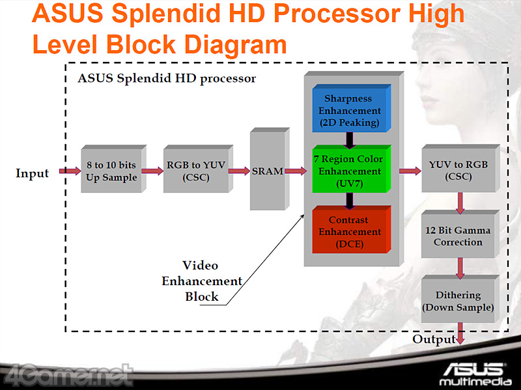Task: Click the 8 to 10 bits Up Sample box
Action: pos(111,171)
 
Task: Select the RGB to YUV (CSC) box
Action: pos(195,171)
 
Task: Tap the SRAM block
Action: pos(267,171)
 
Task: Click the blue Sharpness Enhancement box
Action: pos(349,110)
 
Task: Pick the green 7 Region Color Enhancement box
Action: pos(349,171)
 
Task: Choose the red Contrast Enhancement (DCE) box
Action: pos(349,232)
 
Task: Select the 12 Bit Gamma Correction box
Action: pos(458,236)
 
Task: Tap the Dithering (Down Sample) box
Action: pos(458,301)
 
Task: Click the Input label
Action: pos(33,173)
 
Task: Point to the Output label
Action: pos(434,340)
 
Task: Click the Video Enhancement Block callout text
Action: pos(201,281)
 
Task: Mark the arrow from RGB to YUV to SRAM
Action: pos(239,171)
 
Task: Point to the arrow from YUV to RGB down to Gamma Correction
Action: pos(460,202)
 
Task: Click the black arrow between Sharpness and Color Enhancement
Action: pos(350,139)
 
